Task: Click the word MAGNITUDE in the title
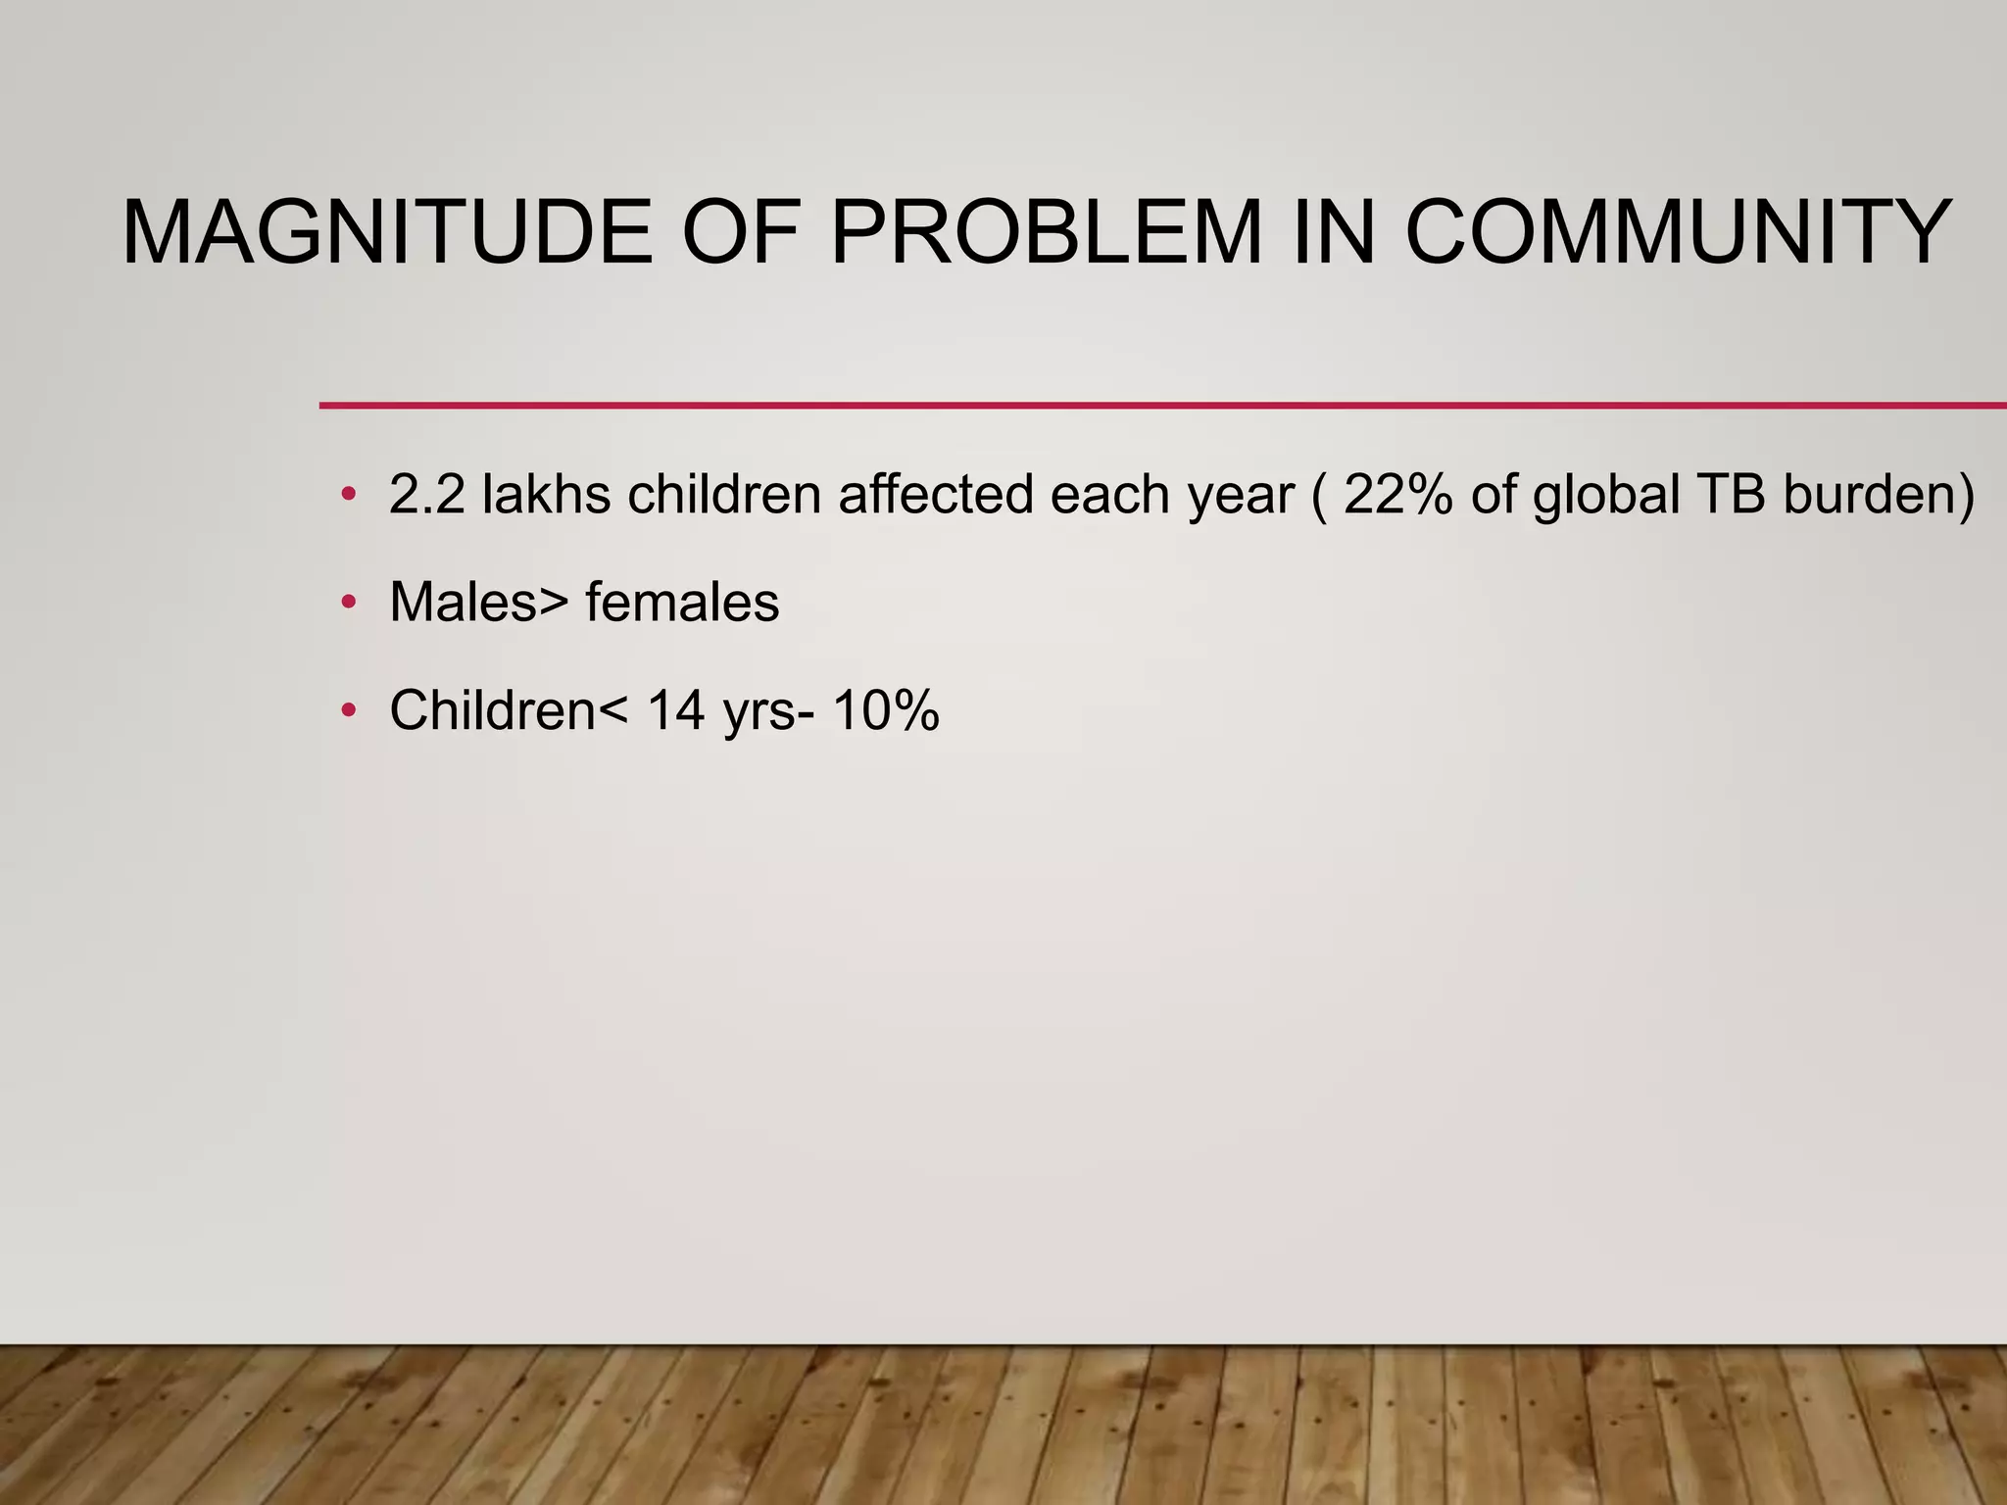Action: pyautogui.click(x=387, y=233)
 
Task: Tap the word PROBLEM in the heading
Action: pyautogui.click(x=1046, y=233)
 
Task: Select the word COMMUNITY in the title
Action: pyautogui.click(x=1679, y=233)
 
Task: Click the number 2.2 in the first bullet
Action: pyautogui.click(x=426, y=494)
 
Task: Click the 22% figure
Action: pyautogui.click(x=1398, y=494)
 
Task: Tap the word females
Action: pyautogui.click(x=682, y=602)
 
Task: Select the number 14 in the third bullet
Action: pyautogui.click(x=676, y=710)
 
